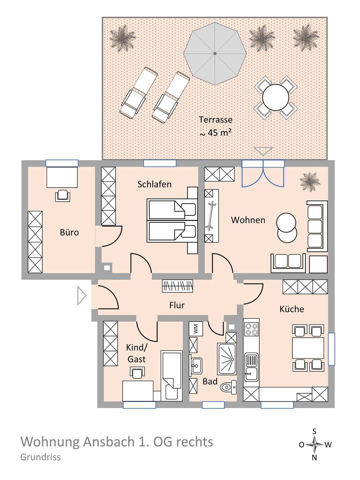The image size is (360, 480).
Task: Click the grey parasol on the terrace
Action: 215,53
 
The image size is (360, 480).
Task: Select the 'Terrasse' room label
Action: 216,120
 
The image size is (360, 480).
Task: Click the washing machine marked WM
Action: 196,328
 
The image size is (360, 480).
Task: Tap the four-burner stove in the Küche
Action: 251,329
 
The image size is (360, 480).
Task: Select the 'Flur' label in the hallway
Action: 177,305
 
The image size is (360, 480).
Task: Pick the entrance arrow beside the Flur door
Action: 82,296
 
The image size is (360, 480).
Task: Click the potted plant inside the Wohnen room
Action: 310,182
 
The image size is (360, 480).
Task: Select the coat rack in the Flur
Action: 178,286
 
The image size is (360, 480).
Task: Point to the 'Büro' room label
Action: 69,232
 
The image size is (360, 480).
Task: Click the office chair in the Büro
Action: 63,195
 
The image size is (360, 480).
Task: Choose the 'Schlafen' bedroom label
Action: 154,184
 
